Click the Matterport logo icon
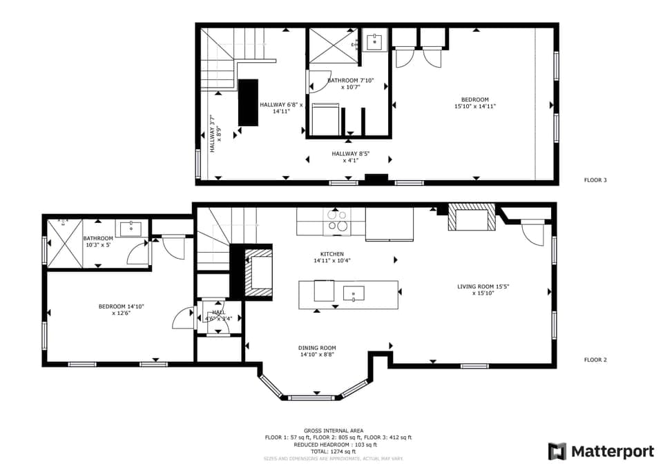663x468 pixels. (557, 451)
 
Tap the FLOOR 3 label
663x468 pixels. (595, 180)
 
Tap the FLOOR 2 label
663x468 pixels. (595, 360)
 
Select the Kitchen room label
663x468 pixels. (327, 257)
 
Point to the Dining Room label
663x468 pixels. (317, 351)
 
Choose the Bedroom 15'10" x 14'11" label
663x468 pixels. (475, 103)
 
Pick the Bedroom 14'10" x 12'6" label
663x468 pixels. (121, 310)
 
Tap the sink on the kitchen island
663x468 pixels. (354, 293)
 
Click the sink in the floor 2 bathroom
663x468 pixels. (131, 228)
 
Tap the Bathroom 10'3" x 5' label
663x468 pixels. (99, 242)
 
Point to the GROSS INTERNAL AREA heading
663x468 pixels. (334, 431)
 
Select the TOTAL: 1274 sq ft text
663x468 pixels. (334, 451)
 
